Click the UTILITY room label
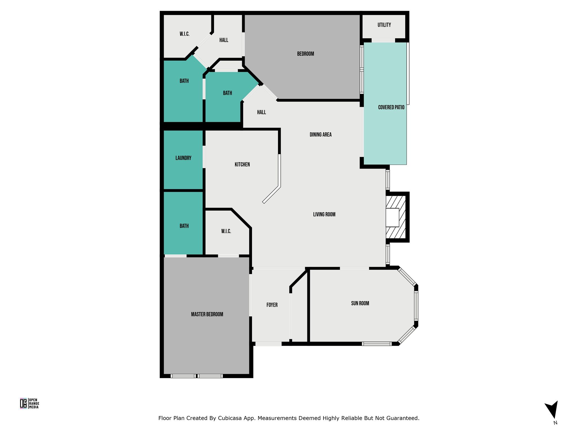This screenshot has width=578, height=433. [384, 25]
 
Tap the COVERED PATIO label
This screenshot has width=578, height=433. [391, 107]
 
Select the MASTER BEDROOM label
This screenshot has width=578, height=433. [207, 314]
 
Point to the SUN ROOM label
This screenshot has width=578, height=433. [360, 303]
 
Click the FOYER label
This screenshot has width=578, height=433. [272, 305]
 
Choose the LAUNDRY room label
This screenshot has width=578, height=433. [183, 158]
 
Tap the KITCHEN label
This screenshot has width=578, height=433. [242, 165]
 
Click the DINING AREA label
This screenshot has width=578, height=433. [321, 135]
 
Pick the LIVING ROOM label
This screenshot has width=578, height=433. [324, 215]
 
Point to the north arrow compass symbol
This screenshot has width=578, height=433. [552, 409]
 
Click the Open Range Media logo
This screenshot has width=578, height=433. [29, 403]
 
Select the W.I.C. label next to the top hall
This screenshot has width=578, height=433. [185, 34]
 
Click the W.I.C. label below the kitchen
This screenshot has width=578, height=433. [226, 231]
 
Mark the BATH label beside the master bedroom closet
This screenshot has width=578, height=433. [184, 226]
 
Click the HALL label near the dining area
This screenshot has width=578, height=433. [261, 112]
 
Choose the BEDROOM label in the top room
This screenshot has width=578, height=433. [305, 54]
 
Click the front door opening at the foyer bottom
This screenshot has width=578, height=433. [268, 344]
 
